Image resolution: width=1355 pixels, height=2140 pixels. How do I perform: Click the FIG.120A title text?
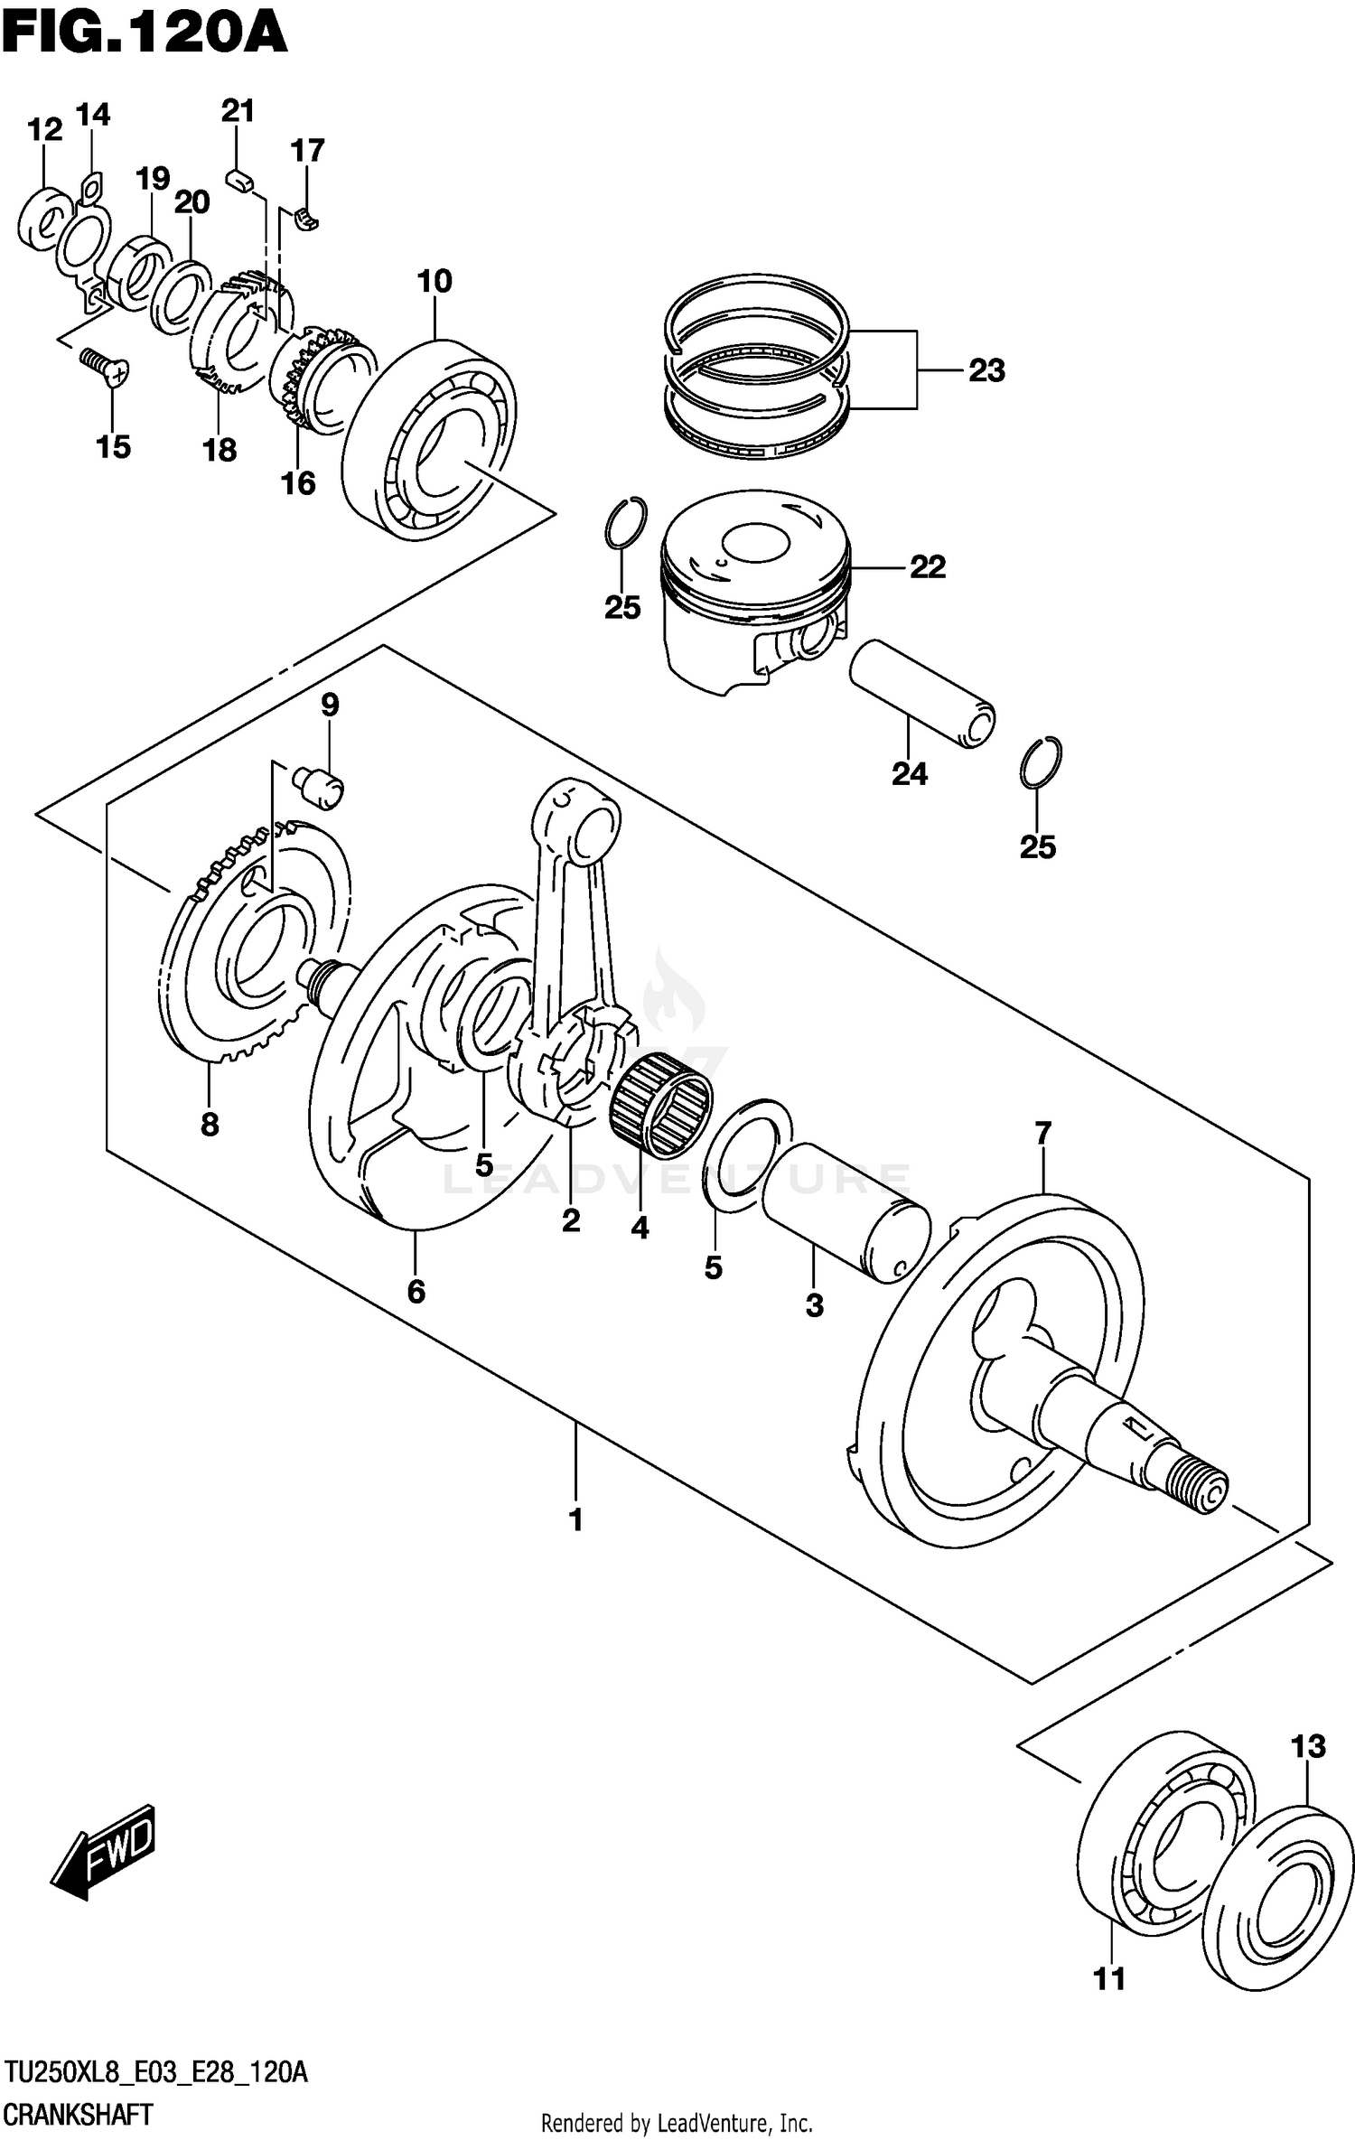click(x=145, y=36)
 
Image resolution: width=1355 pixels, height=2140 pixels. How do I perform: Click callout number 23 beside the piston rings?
click(x=986, y=371)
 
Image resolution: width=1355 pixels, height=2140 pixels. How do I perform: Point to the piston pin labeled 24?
click(x=921, y=694)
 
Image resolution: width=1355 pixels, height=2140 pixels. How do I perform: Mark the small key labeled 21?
click(x=238, y=180)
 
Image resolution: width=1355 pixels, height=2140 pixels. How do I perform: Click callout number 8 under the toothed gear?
click(x=210, y=1125)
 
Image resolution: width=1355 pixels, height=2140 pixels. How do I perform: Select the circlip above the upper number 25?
click(x=625, y=523)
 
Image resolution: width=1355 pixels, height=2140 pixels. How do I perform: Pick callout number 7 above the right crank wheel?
click(x=1043, y=1132)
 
